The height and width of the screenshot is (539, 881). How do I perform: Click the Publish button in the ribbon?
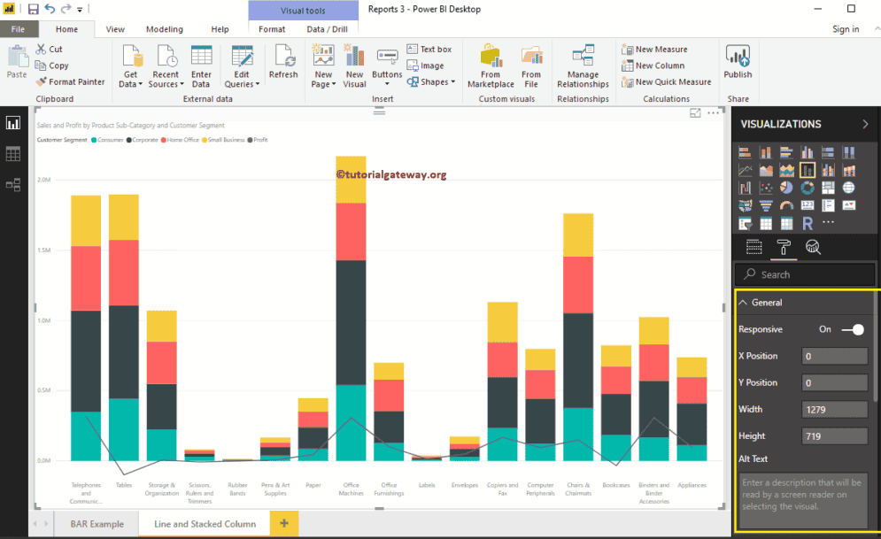tap(738, 63)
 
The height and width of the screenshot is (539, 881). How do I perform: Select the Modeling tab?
tap(165, 29)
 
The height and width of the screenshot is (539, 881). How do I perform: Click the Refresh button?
tap(283, 63)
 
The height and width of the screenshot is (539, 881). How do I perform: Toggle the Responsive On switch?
tap(853, 329)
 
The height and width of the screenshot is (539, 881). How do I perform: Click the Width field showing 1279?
tap(834, 409)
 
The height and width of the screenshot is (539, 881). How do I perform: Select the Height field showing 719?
tap(834, 435)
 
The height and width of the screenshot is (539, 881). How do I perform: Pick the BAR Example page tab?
tap(97, 524)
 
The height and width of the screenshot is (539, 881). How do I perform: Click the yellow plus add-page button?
tap(284, 524)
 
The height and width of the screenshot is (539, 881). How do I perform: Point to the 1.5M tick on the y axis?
tap(44, 250)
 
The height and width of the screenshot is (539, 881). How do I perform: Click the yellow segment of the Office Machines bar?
tap(351, 180)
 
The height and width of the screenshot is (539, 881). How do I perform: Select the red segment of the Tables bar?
tap(124, 273)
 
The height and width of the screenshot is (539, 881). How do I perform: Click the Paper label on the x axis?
tap(313, 485)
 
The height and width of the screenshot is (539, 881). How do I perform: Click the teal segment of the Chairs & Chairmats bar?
tap(578, 434)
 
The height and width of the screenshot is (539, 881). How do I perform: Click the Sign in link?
tap(846, 29)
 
